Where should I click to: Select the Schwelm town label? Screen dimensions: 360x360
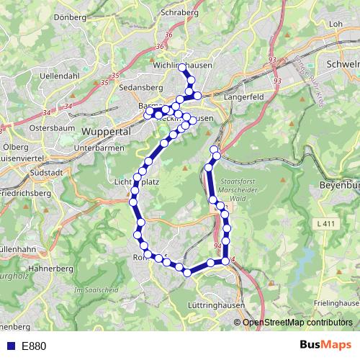point(342,63)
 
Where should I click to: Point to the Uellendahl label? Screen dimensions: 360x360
point(60,75)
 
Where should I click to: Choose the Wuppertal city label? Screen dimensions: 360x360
point(105,132)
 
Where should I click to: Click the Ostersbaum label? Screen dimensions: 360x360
point(53,127)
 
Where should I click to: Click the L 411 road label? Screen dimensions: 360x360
point(326,225)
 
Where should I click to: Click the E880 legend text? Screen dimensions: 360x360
point(34,346)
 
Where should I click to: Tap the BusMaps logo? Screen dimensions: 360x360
point(325,346)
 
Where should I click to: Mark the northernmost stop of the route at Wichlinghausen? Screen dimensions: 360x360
point(182,68)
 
